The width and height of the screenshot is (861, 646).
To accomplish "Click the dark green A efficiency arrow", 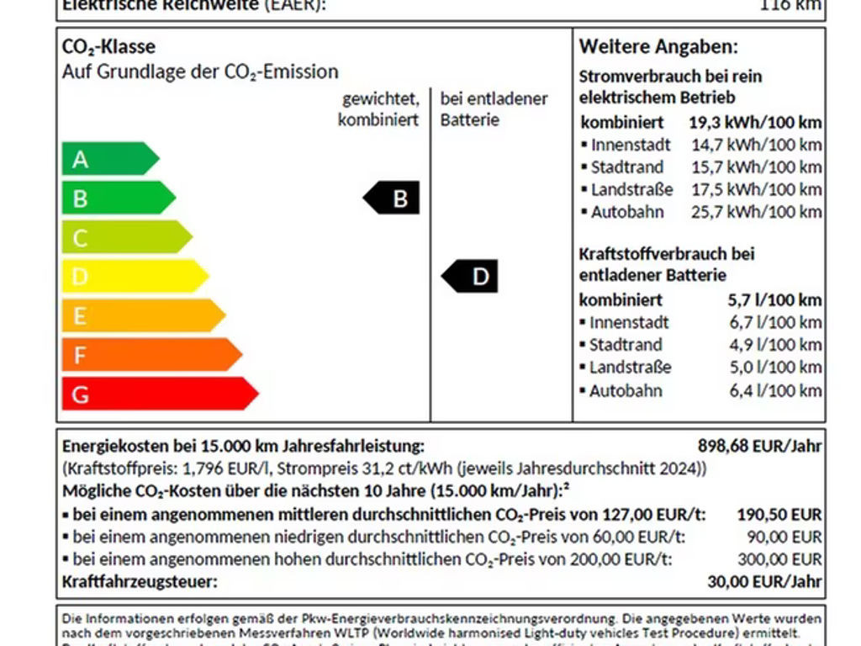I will (108, 159).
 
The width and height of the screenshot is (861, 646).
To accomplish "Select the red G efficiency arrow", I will (157, 394).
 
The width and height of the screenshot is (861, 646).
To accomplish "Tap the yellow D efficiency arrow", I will (133, 276).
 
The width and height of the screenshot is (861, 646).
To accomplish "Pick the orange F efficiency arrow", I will (150, 355).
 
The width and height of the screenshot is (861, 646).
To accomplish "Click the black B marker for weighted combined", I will (393, 199).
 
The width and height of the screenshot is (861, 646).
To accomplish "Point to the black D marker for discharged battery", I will (471, 277).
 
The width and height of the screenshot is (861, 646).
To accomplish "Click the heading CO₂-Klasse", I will (108, 47).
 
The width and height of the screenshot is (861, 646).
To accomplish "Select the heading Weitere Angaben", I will (658, 47).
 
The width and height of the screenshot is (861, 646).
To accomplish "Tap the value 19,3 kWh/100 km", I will (755, 122).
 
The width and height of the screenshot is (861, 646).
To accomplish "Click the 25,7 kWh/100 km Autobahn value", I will (756, 212).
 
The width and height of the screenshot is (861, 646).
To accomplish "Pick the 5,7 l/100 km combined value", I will (774, 299).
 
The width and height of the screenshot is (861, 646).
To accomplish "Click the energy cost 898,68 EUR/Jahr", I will (759, 446).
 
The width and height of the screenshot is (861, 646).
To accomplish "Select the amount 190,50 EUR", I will (779, 515).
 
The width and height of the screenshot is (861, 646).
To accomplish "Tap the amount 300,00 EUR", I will (784, 559).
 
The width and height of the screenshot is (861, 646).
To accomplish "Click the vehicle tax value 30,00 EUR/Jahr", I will (764, 581).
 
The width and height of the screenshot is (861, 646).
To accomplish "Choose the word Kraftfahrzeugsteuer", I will (140, 581).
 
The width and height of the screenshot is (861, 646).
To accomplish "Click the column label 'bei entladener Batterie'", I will (494, 109).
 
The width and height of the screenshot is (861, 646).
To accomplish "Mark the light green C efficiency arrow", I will (124, 237).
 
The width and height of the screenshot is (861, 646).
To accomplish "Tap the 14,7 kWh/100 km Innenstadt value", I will (756, 145).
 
